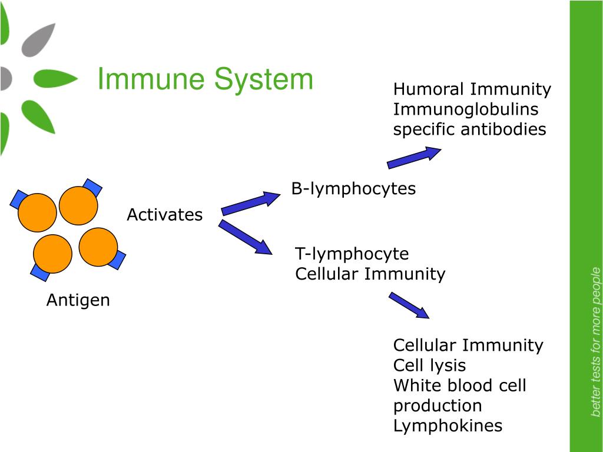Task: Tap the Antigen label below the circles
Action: [x=78, y=300]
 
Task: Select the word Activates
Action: [x=164, y=215]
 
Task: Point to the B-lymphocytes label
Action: [x=353, y=189]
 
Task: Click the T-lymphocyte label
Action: [x=352, y=254]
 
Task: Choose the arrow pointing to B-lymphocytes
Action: [x=250, y=202]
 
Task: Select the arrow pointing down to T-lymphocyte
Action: [x=246, y=237]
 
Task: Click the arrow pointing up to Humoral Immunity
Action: [x=413, y=158]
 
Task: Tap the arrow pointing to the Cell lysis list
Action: [x=409, y=305]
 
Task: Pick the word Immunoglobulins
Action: [x=466, y=109]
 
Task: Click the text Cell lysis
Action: [x=429, y=365]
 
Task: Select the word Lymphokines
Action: [x=448, y=426]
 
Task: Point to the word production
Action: [x=438, y=406]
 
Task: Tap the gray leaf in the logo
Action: [x=41, y=40]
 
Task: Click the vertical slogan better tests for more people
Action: [x=595, y=341]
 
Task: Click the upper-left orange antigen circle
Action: [x=37, y=212]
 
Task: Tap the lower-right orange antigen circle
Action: [x=98, y=247]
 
